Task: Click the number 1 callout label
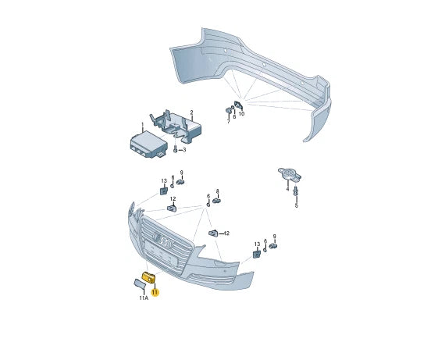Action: click(142, 124)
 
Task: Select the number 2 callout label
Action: click(191, 112)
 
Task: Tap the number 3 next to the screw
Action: click(184, 150)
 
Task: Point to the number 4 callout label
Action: click(287, 189)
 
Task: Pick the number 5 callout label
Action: click(297, 206)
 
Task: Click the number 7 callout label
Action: click(229, 122)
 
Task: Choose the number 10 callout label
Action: click(241, 114)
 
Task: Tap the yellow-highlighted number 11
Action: click(155, 293)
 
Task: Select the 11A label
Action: click(144, 298)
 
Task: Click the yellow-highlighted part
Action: click(148, 277)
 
